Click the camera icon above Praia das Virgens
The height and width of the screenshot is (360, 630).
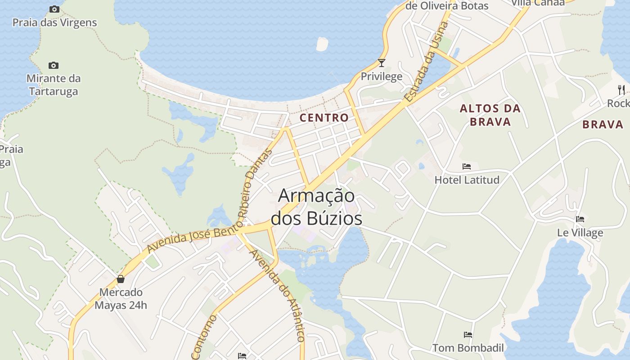point(54,9)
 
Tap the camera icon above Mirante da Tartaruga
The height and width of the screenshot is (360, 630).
point(54,66)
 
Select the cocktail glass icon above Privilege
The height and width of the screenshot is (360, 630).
point(382,63)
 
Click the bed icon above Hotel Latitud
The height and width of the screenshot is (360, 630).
point(467,166)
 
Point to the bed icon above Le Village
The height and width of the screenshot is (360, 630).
point(580,219)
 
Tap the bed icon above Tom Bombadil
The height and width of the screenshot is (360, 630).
point(468,335)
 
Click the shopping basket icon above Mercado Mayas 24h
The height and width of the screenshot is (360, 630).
point(121,279)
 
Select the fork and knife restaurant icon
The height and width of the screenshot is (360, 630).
point(621,90)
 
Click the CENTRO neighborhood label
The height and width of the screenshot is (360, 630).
point(324,118)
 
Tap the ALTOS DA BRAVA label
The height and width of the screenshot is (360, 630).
point(490,115)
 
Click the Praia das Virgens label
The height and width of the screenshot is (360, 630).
point(54,22)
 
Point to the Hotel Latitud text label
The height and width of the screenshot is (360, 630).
point(467,180)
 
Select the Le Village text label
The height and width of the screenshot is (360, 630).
point(580,233)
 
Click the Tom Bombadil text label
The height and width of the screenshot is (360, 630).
point(468,348)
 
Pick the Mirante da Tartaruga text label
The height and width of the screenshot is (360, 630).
point(54,85)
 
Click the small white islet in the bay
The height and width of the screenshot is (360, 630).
point(322,44)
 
